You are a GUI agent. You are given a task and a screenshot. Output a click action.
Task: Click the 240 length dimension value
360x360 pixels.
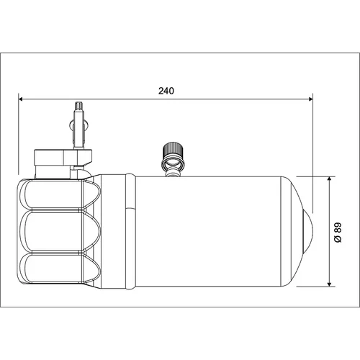click(166, 91)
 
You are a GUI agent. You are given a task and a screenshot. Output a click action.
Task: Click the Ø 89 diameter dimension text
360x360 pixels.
click(338, 233)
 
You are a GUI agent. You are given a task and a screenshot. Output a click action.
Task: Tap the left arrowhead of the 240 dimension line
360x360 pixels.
click(21, 99)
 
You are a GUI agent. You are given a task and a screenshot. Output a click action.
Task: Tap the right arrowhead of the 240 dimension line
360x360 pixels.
click(310, 99)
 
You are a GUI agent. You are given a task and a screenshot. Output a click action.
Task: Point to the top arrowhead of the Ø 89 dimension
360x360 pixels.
click(330, 179)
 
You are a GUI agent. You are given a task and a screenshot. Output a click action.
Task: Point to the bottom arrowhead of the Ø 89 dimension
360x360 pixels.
click(330, 284)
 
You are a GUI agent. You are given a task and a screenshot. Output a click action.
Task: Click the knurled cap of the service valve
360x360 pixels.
click(173, 149)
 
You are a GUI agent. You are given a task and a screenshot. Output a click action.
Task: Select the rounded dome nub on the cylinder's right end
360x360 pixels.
click(308, 231)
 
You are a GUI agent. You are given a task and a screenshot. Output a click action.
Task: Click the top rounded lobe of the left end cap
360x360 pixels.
click(60, 194)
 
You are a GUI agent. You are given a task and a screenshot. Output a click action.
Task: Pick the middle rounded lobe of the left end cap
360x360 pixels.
click(60, 231)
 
